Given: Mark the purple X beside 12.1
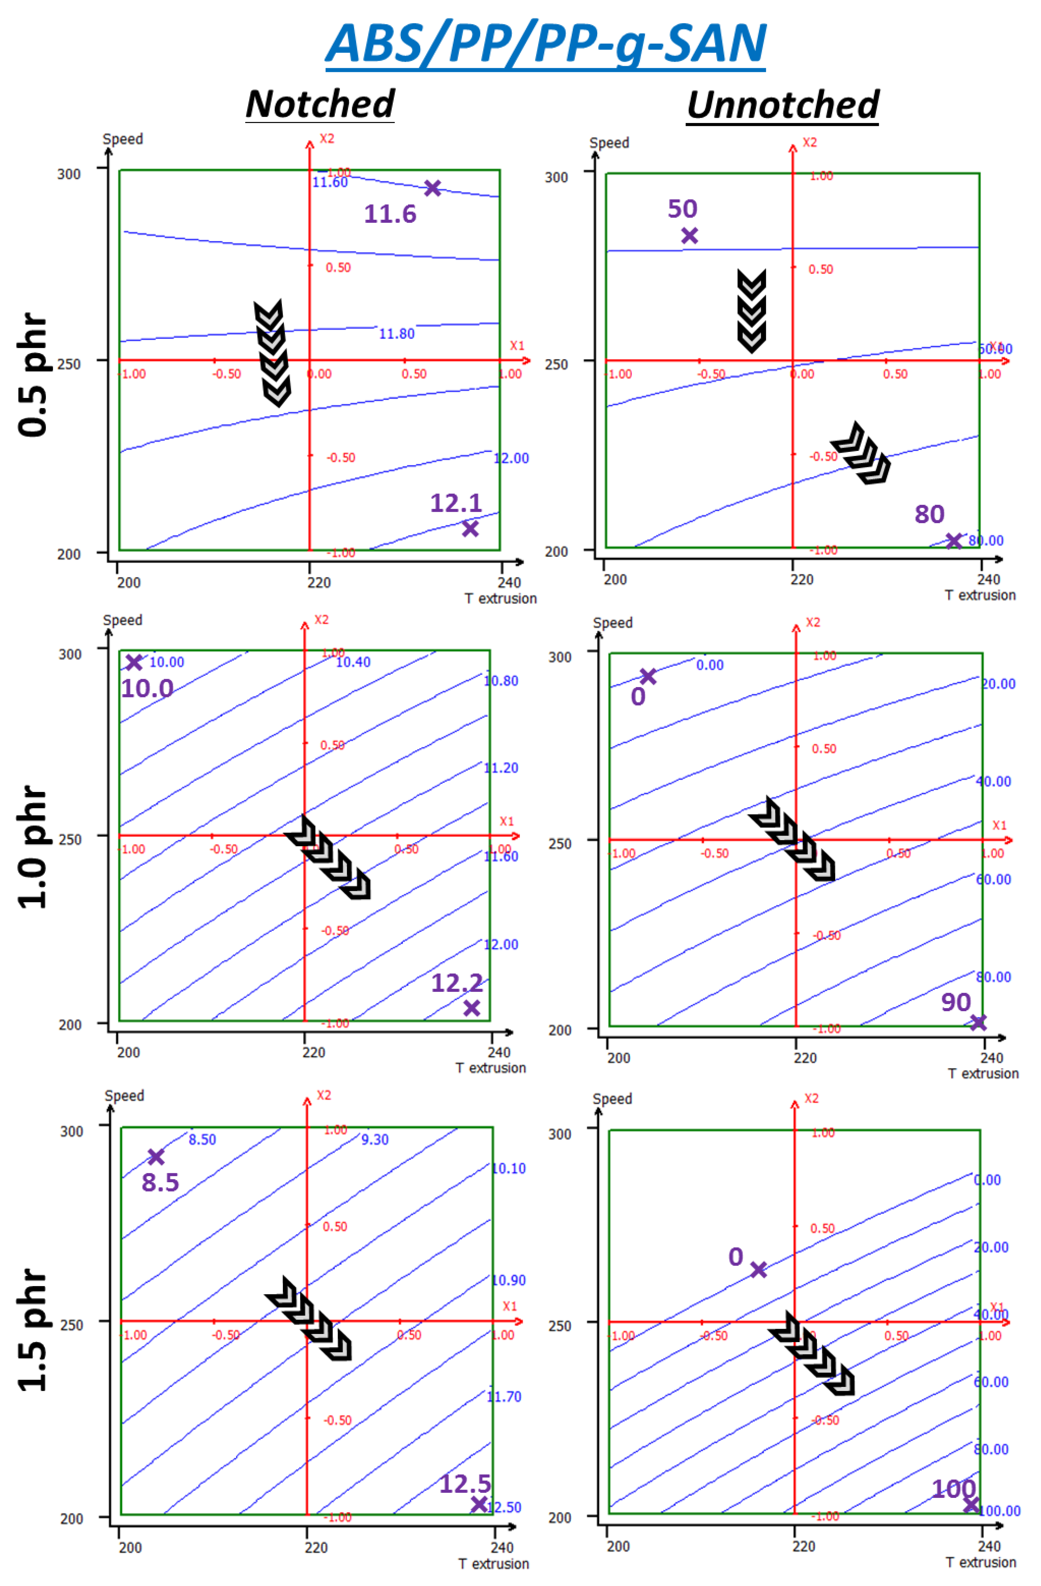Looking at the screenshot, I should click(x=470, y=528).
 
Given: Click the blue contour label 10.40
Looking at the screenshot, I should click(x=353, y=662).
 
